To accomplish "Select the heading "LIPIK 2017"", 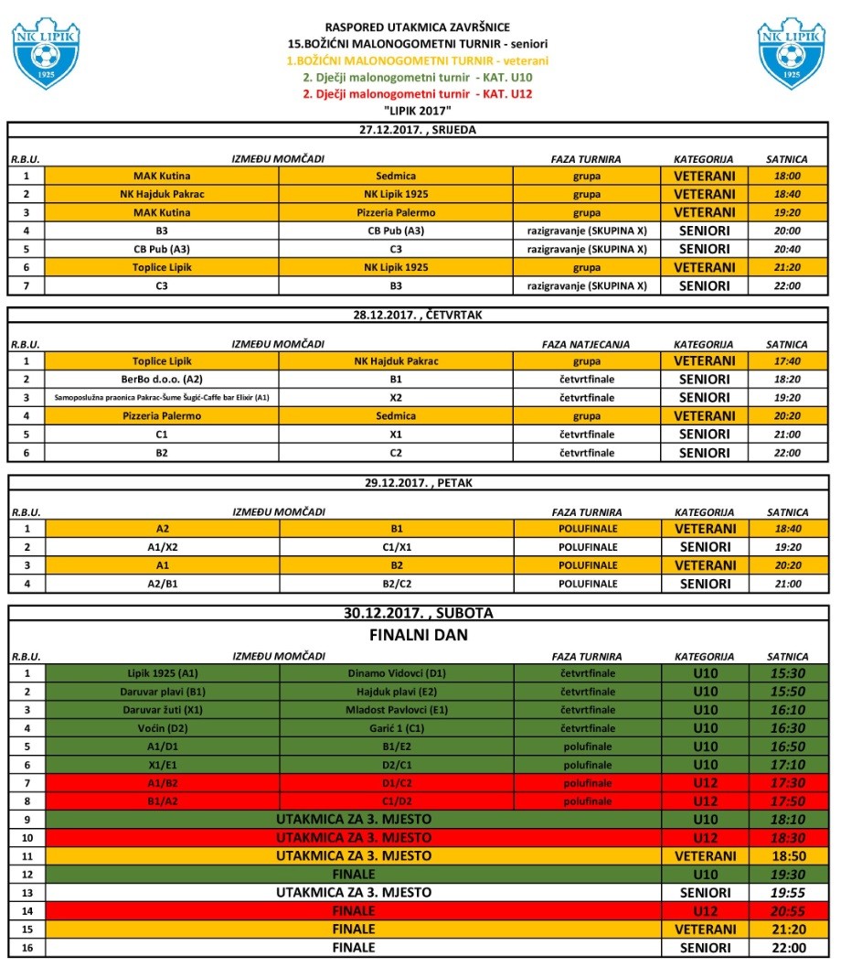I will [419, 110].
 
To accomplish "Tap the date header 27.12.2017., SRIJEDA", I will [418, 130].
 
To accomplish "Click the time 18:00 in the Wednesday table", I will [786, 176].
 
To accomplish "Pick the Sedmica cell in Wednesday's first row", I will [396, 176].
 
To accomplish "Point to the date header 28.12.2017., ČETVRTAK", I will [418, 315].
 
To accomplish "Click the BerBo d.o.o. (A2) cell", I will [162, 379].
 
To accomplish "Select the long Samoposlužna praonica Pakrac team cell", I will [162, 397].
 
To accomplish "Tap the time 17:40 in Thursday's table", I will [786, 360].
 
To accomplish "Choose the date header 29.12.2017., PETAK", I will [418, 481].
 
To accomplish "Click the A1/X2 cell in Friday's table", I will [162, 546].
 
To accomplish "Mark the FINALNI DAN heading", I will [418, 633].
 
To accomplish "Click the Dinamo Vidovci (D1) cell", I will [396, 673].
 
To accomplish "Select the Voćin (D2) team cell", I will [162, 728].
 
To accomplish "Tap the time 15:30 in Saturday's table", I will [786, 673].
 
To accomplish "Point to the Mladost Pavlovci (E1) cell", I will [396, 710].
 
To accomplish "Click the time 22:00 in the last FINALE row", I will [786, 948].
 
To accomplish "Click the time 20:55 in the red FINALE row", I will [786, 911].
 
